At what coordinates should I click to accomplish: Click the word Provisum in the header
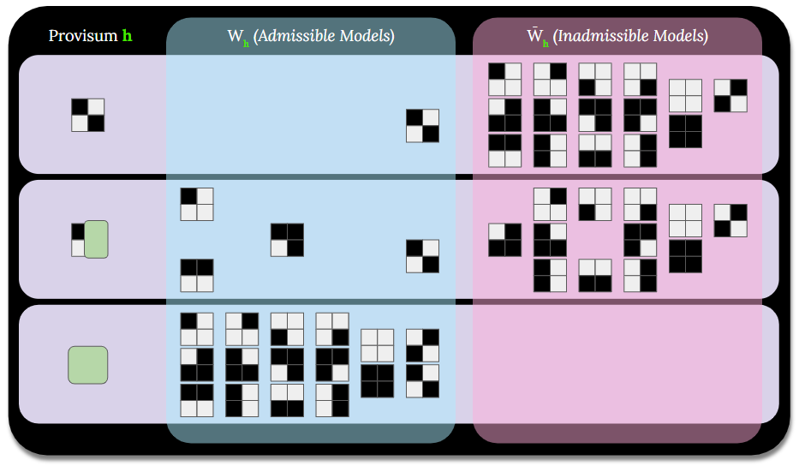pos(82,37)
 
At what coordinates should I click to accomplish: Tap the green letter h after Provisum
pos(128,37)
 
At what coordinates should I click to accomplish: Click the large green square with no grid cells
pos(87,364)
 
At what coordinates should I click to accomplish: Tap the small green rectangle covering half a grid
pos(96,239)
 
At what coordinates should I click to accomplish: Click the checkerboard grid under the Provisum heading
pos(87,115)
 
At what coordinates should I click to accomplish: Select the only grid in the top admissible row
pos(422,126)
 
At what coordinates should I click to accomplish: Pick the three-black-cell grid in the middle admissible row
pos(287,240)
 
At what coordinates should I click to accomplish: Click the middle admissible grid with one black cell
pos(196,204)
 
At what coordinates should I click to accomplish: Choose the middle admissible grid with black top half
pos(196,275)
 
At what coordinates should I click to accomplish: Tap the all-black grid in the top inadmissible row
pos(685,132)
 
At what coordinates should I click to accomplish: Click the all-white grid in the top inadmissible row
pos(685,96)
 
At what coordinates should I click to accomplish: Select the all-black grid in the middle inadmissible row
pos(685,256)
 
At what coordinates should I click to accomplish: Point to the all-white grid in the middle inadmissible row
pos(685,220)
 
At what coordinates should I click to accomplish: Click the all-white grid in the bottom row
pos(377,345)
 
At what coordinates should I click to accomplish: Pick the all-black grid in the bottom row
pos(377,381)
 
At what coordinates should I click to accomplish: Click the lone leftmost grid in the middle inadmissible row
pos(505,240)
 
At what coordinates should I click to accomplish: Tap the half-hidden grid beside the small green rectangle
pos(78,239)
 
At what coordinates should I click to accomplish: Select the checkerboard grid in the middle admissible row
pos(422,256)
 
